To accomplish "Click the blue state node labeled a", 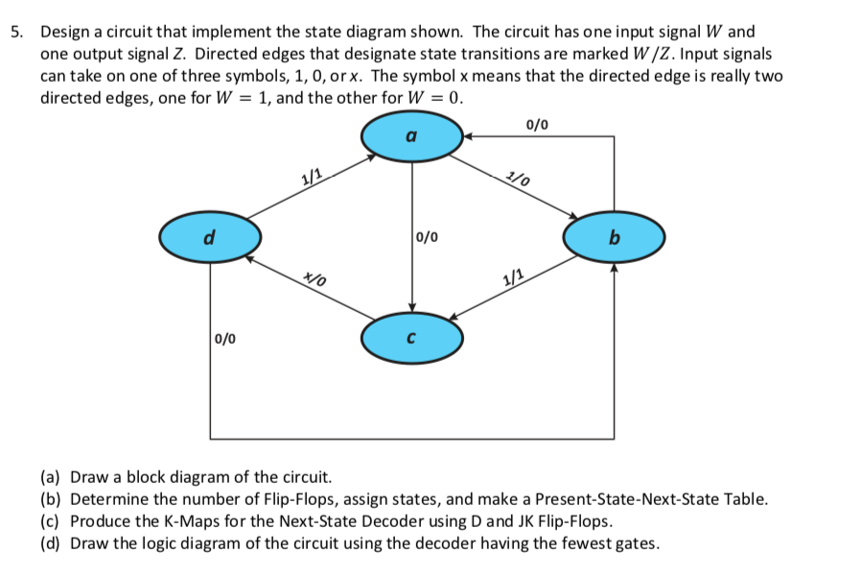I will coord(412,137).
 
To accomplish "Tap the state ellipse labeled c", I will coord(412,337).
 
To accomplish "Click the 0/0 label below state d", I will coord(227,338).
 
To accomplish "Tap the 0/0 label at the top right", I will coord(538,124).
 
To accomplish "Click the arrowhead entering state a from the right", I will coord(469,137).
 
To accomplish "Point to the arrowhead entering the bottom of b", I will coord(614,269).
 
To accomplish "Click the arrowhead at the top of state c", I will coord(412,306).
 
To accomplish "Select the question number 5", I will coord(16,32).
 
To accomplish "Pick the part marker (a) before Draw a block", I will coord(53,477).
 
